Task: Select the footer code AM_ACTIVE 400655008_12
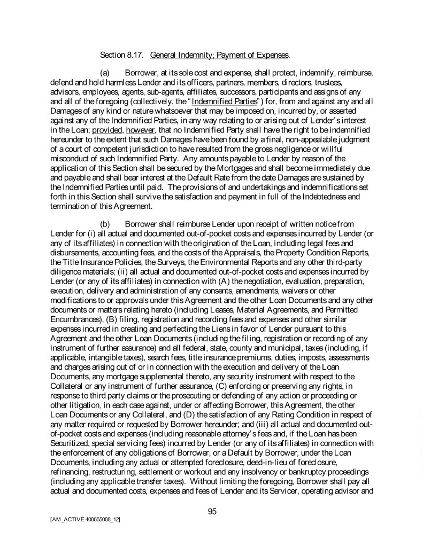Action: click(x=85, y=519)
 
